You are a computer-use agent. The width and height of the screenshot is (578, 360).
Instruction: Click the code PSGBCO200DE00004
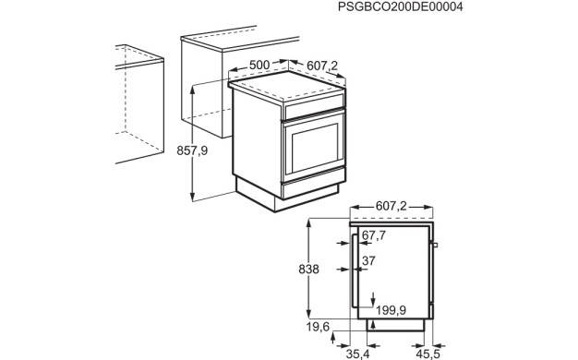(x=401, y=6)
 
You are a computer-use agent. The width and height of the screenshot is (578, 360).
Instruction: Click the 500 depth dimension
(x=259, y=65)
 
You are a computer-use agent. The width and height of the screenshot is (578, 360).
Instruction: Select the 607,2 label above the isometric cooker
(x=322, y=66)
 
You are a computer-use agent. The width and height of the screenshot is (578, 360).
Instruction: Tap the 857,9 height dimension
(x=192, y=150)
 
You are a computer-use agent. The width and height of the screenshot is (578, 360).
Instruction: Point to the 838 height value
(x=308, y=270)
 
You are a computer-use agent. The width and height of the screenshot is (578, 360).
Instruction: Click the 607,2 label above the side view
(x=391, y=206)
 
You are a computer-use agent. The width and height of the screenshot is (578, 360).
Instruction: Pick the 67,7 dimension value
(x=374, y=235)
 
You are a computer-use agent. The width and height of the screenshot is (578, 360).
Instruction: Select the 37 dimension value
(x=368, y=261)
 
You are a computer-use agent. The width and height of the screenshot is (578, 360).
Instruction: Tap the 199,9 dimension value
(x=391, y=310)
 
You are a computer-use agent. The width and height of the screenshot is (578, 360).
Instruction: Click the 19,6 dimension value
(x=318, y=327)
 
